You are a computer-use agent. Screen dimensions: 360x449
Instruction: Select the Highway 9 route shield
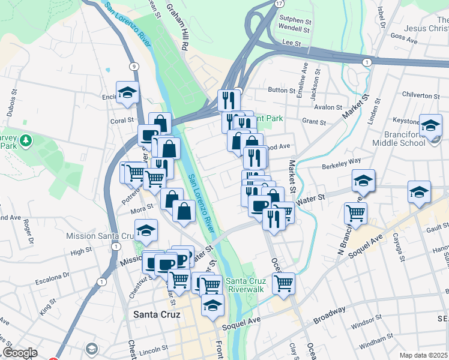(x=133, y=66)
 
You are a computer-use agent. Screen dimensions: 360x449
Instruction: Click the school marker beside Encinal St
(x=127, y=92)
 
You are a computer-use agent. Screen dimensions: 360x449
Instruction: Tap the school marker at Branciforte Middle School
(x=430, y=125)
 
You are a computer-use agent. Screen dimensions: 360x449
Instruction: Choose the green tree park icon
(x=25, y=140)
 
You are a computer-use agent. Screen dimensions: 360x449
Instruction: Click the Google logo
(x=20, y=353)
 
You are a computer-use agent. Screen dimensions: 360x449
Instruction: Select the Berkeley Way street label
(x=341, y=161)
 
